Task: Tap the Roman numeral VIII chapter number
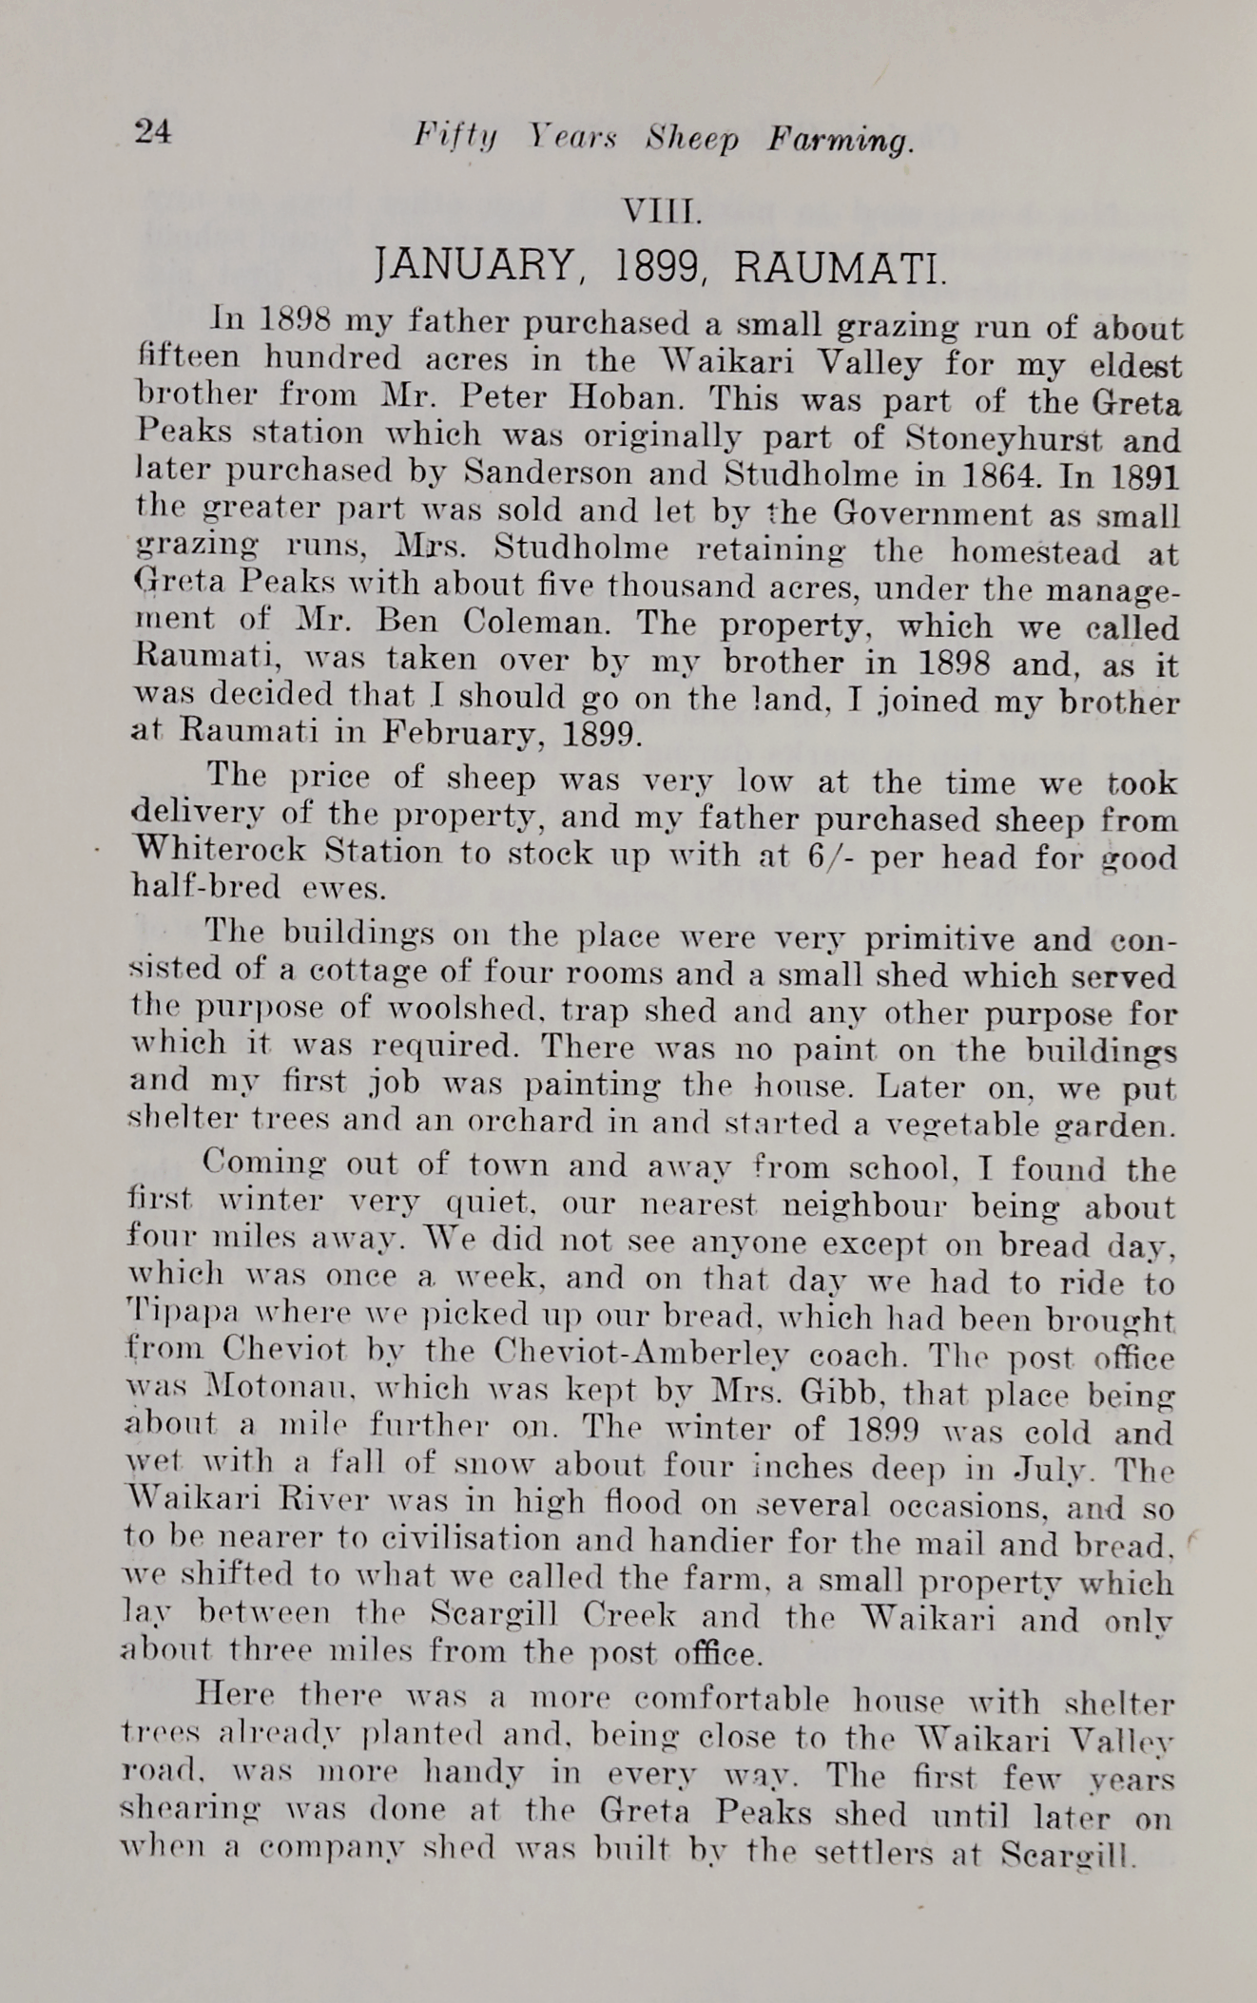[x=660, y=212]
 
